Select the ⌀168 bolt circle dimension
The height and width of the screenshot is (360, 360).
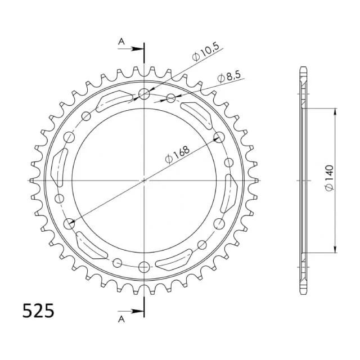tap(177, 155)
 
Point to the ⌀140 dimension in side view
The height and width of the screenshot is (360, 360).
tap(329, 178)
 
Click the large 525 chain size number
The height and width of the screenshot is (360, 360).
tap(38, 311)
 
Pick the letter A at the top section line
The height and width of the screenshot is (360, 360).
tap(121, 42)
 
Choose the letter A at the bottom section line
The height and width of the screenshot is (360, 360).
tap(121, 319)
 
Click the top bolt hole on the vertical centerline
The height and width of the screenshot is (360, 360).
tap(144, 94)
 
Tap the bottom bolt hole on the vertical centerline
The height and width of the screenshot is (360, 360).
tap(144, 267)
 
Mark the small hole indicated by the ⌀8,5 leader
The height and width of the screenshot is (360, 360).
tap(171, 98)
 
